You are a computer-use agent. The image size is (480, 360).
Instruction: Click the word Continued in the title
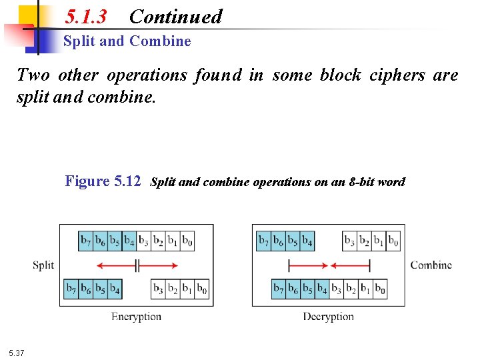click(175, 16)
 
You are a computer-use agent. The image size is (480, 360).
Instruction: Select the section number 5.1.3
click(86, 16)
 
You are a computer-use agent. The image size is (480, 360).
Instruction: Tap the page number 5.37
click(17, 352)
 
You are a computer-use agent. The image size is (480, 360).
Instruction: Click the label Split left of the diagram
click(43, 265)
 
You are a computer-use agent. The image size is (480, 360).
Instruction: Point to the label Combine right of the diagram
click(431, 265)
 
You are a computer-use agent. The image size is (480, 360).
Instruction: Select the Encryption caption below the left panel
click(136, 317)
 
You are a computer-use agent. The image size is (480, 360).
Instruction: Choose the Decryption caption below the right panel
click(328, 317)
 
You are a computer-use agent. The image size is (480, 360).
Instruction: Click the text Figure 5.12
click(103, 181)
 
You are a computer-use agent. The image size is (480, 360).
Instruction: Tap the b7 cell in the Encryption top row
click(86, 241)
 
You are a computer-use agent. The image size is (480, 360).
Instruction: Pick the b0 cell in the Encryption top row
click(187, 241)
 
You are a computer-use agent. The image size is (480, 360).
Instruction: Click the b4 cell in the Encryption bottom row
click(115, 289)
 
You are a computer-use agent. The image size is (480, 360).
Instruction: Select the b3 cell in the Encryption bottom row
click(159, 289)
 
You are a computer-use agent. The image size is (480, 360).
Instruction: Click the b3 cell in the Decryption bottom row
click(337, 289)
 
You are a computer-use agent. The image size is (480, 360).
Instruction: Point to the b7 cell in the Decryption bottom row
click(279, 289)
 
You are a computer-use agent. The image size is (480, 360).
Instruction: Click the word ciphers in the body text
click(396, 75)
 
